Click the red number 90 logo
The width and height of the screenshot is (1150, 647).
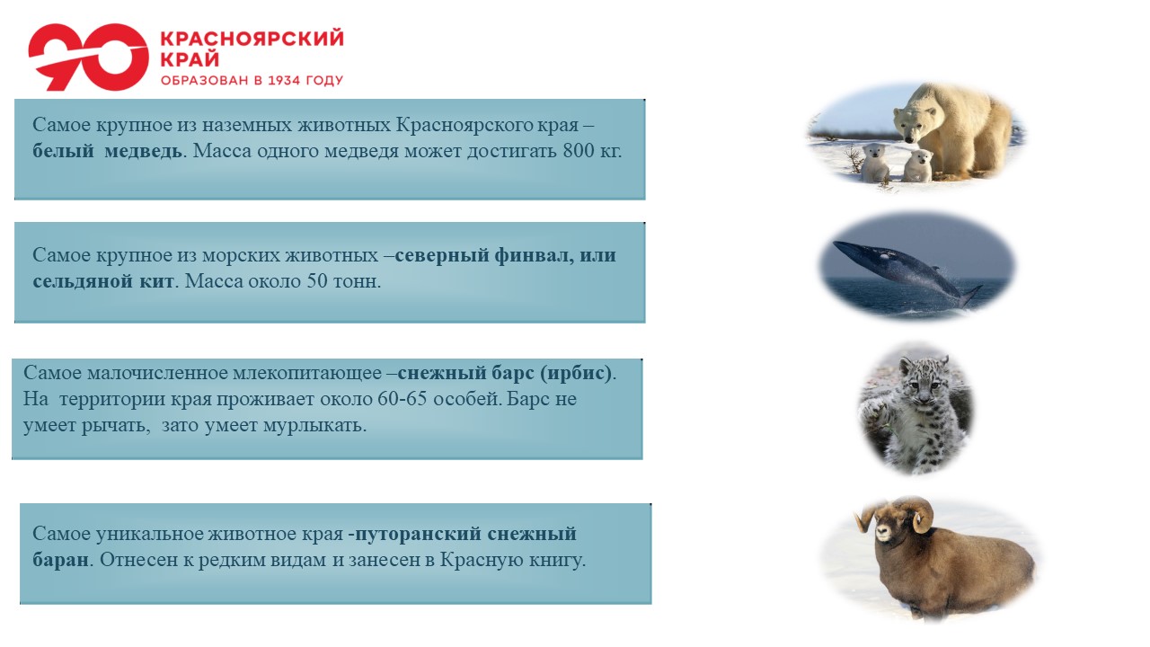88,57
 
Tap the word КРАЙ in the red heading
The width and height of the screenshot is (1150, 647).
190,59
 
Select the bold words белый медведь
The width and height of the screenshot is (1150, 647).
107,151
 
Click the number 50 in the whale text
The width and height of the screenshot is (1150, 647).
317,281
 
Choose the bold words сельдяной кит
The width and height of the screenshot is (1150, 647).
103,281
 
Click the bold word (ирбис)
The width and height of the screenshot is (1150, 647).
576,373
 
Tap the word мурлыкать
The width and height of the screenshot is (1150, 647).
314,425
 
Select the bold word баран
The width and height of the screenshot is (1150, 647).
60,560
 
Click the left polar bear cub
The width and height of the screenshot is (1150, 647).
875,164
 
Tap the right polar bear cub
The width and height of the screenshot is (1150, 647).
918,165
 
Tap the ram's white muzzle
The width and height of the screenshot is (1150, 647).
883,533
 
